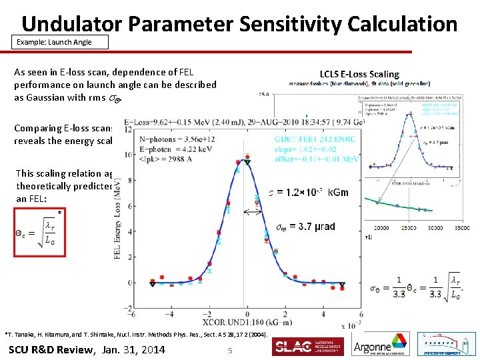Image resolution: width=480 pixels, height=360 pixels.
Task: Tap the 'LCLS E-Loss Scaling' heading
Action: click(x=359, y=74)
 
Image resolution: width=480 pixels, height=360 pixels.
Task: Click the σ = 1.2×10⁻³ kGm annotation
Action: click(x=308, y=193)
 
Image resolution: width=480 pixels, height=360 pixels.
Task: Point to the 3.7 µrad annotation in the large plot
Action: click(x=306, y=227)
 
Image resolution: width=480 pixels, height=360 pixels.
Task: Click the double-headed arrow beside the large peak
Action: click(x=252, y=213)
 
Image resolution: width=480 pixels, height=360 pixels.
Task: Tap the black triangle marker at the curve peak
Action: click(x=247, y=162)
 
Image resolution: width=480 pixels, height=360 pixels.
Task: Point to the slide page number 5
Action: click(x=229, y=350)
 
